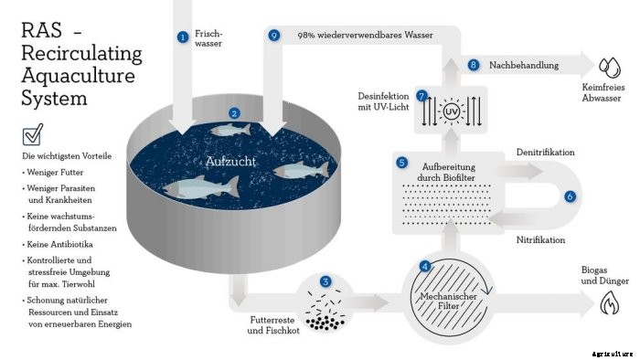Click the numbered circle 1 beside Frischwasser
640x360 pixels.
pos(183,37)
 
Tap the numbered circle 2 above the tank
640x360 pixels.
pos(235,113)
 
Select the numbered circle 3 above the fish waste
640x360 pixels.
pos(325,281)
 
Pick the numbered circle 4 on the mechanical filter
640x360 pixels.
pos(424,267)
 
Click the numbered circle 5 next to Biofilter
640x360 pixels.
pos(401,163)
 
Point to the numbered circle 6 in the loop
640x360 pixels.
pos(571,196)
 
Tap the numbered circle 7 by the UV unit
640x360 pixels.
pos(421,95)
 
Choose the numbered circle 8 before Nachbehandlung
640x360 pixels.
pos(474,65)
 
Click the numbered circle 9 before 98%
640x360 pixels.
pos(274,36)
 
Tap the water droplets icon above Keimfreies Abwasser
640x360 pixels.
pos(608,67)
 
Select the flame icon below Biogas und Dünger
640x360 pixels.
pos(608,308)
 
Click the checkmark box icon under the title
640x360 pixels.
pos(32,137)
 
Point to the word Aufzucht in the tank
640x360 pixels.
pos(230,161)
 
